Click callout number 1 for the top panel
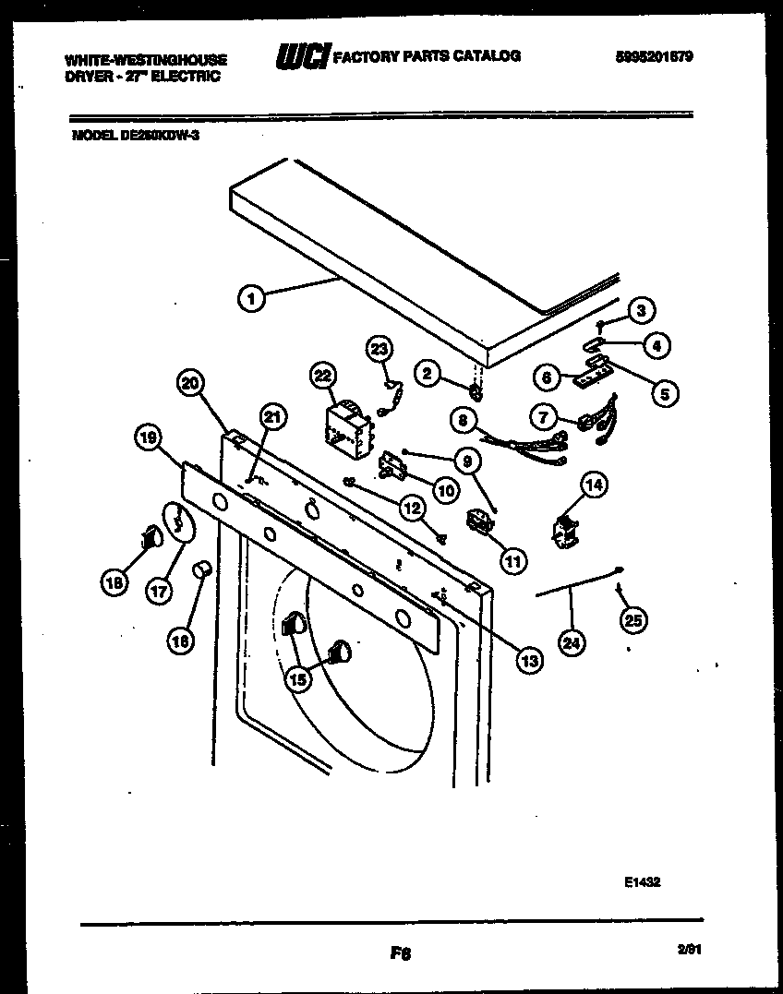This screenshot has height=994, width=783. [249, 297]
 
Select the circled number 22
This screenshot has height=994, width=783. [321, 375]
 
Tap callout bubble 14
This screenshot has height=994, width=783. [595, 484]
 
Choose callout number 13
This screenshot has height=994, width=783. [529, 659]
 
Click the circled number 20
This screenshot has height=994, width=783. [190, 383]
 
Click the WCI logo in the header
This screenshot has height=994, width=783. [301, 57]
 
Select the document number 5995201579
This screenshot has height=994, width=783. [655, 56]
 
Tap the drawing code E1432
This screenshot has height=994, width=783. [642, 881]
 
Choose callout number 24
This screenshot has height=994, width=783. [573, 644]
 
